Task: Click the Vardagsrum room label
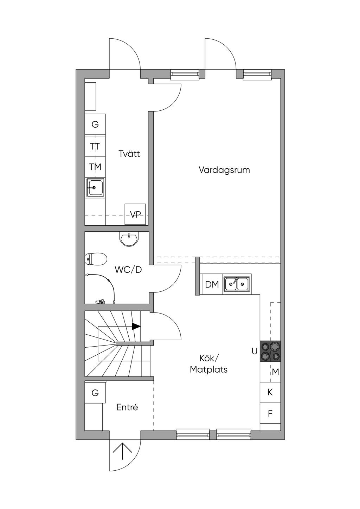click(224, 170)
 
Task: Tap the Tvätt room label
click(129, 154)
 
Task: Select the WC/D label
click(128, 270)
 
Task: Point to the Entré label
click(127, 407)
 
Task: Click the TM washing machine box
click(95, 167)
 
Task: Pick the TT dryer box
click(95, 146)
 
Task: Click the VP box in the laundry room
click(135, 214)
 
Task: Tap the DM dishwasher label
click(212, 284)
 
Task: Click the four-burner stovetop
click(270, 351)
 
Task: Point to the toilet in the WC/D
click(96, 259)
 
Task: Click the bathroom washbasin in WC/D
click(128, 239)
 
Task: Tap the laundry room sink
click(95, 187)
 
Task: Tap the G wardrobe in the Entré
click(95, 392)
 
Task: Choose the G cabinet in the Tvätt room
click(95, 124)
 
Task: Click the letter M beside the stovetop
click(276, 372)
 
